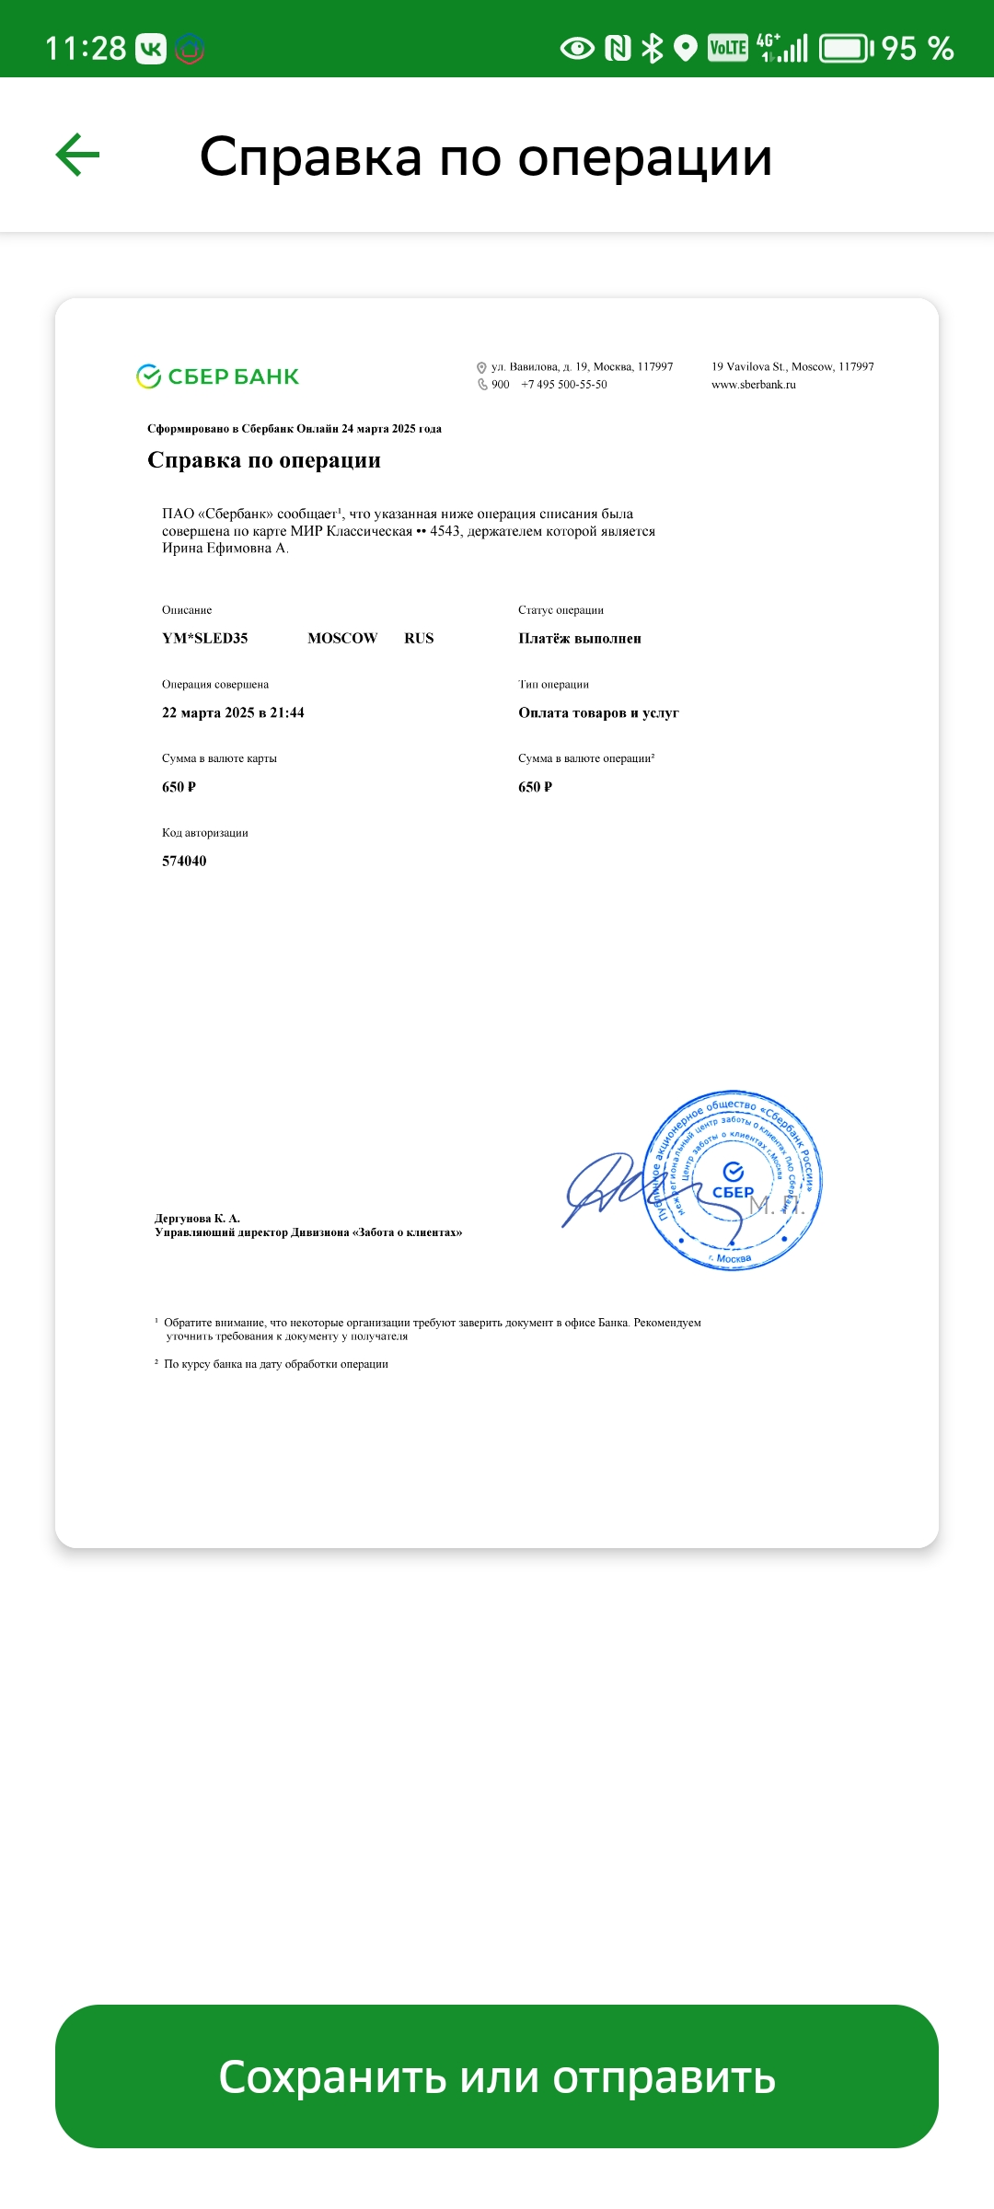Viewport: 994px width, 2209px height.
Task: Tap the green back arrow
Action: (x=78, y=155)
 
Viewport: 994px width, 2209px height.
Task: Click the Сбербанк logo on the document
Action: (x=218, y=376)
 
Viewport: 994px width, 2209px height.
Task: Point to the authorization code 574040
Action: (x=184, y=862)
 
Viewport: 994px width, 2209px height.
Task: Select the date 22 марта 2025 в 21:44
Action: (x=233, y=713)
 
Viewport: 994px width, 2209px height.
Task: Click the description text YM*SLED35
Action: (x=204, y=639)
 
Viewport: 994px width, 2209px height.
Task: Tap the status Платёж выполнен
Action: (x=580, y=639)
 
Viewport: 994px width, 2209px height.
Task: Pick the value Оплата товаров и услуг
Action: (x=598, y=713)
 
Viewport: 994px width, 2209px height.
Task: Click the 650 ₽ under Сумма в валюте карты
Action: (x=179, y=788)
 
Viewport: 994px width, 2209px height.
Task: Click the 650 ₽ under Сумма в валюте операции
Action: (x=535, y=788)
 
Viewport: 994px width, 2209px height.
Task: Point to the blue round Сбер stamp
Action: (x=734, y=1181)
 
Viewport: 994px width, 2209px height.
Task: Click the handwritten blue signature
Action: (x=603, y=1187)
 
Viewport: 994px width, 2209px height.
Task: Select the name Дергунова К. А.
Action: (x=197, y=1219)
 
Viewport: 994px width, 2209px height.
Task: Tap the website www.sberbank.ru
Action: (x=753, y=385)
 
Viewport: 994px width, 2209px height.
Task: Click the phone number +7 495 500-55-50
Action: (x=564, y=385)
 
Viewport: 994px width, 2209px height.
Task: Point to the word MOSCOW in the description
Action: (x=342, y=639)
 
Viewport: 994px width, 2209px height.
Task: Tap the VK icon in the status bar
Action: (x=151, y=48)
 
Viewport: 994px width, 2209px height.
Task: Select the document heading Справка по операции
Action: (x=264, y=460)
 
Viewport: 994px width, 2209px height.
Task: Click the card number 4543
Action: (x=445, y=531)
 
